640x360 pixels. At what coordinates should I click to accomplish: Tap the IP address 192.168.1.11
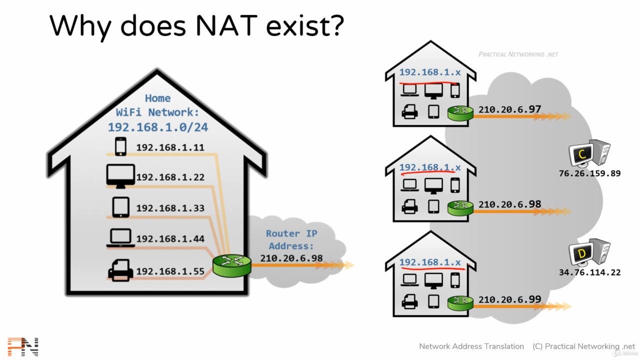point(170,147)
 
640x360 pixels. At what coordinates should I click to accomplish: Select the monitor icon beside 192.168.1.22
point(120,176)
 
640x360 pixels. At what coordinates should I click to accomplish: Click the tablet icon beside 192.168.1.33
point(120,207)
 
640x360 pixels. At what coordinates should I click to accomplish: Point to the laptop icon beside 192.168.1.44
point(120,237)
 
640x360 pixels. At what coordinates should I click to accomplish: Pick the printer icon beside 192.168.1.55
point(120,270)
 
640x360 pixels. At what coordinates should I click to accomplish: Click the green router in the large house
point(232,265)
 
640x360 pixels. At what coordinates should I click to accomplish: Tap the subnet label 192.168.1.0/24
point(158,127)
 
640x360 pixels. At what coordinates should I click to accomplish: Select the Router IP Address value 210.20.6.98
point(291,258)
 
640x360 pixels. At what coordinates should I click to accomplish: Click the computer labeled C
point(589,153)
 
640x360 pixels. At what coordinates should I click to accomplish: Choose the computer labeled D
point(589,252)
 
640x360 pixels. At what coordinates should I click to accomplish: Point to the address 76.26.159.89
point(589,173)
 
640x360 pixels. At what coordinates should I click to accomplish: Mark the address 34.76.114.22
point(589,272)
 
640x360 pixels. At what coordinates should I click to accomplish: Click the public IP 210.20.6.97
point(509,109)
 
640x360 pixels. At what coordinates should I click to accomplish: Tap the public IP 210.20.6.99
point(509,299)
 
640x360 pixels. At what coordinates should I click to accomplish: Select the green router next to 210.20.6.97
point(460,113)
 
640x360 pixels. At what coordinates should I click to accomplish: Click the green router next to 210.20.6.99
point(460,303)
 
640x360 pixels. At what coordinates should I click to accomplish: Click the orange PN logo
point(23,347)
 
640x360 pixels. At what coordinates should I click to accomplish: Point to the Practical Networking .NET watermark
point(518,54)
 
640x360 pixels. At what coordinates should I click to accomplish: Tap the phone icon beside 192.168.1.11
point(120,146)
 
